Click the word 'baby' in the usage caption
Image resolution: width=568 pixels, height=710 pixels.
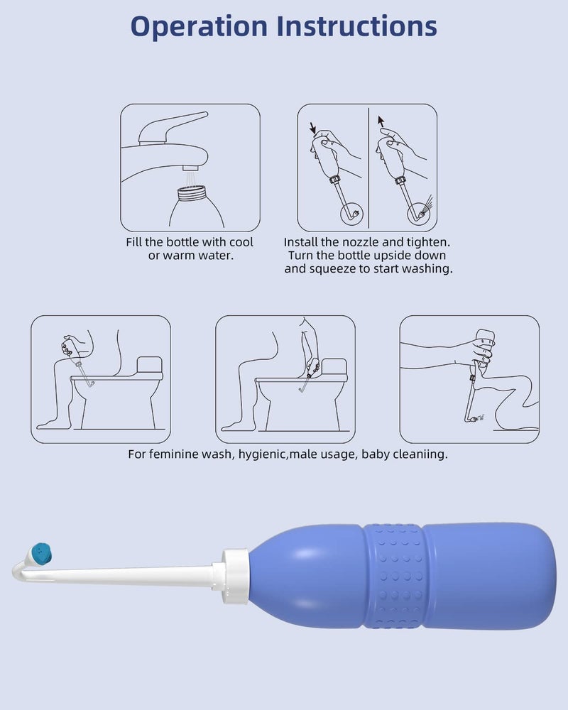click(377, 454)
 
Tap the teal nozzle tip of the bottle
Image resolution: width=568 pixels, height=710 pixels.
click(42, 550)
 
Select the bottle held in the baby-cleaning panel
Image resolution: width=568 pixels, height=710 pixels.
click(484, 348)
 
